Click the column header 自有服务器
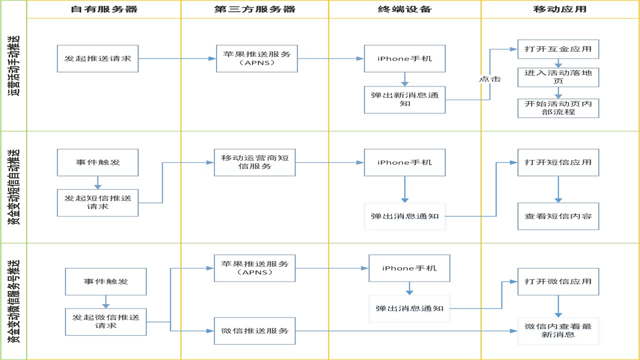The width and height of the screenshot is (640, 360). click(x=104, y=9)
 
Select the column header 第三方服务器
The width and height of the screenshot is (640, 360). click(x=255, y=9)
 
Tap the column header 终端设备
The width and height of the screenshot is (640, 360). click(x=405, y=9)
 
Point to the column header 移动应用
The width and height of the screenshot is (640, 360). click(x=560, y=9)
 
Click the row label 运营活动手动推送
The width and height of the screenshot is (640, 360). click(x=13, y=65)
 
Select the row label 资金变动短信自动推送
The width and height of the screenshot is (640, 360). click(x=13, y=187)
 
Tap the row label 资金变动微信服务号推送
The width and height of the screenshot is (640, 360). click(x=13, y=301)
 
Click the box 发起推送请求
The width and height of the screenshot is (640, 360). click(x=97, y=58)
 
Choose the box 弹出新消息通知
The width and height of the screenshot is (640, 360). click(x=405, y=99)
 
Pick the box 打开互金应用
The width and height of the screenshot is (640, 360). click(x=558, y=49)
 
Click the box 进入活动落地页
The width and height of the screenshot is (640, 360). click(x=558, y=77)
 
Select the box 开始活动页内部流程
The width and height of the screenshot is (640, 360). click(x=558, y=108)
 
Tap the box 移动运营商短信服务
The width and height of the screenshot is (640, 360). click(x=255, y=162)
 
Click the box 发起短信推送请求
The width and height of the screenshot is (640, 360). click(x=97, y=202)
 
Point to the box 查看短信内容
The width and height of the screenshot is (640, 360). click(x=558, y=216)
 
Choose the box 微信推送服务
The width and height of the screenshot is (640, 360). click(x=255, y=331)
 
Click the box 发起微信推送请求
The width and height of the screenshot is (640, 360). click(x=105, y=321)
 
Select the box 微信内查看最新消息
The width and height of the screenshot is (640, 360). click(x=558, y=331)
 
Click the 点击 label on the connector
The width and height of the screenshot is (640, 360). click(x=490, y=79)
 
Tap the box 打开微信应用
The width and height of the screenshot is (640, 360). click(x=558, y=281)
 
